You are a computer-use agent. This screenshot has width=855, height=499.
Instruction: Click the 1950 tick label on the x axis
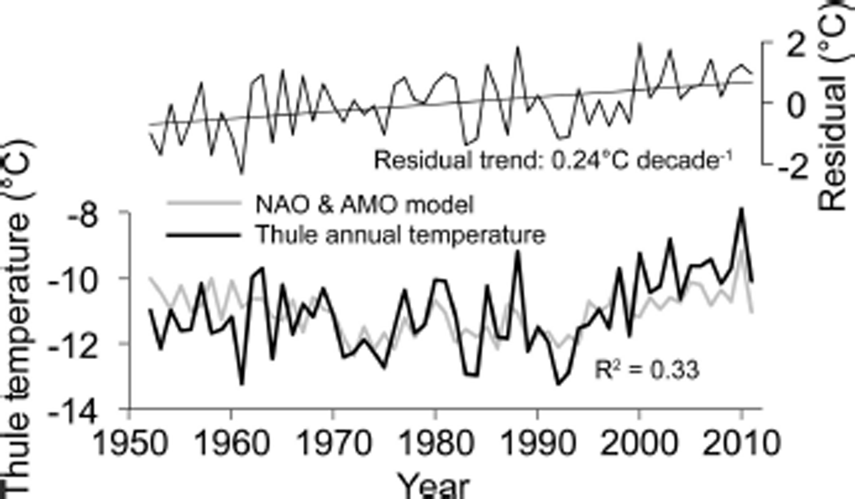pos(129,441)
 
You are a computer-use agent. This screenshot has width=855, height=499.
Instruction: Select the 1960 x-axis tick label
pos(231,441)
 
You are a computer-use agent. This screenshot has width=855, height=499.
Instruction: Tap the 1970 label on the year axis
pos(333,441)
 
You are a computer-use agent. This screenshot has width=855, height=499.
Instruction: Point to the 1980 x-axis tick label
pos(435,441)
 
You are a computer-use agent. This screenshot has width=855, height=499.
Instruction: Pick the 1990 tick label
pos(537,441)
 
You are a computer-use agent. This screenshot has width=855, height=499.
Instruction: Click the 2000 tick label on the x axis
pos(639,441)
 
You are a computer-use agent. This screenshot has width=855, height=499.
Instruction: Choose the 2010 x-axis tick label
pos(741,441)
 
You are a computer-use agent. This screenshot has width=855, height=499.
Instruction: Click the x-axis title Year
pos(434,486)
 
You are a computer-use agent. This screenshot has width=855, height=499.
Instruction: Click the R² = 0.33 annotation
pos(647,370)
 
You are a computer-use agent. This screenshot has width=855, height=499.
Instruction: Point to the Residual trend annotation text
pos(553,161)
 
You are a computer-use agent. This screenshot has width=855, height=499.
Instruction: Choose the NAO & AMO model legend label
pos(364,205)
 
